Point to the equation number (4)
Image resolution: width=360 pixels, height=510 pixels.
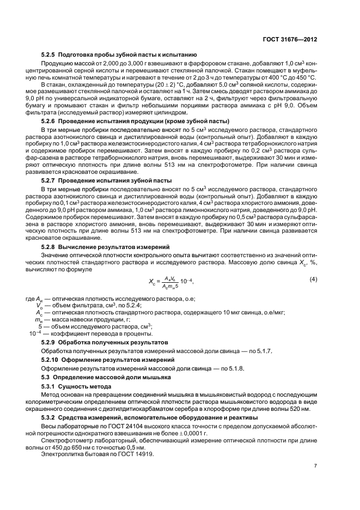pos(313,280)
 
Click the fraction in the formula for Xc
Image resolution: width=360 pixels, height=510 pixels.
pos(169,281)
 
